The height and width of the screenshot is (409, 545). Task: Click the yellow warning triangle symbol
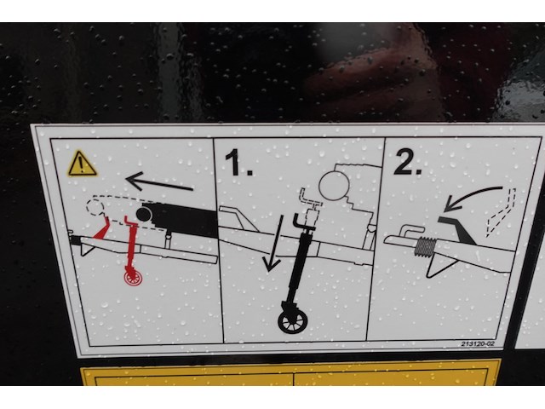pos(82,164)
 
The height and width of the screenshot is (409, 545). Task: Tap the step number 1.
pos(238,162)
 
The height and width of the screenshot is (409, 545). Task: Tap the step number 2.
pos(407,161)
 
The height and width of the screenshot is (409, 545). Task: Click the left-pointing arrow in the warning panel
pos(159,181)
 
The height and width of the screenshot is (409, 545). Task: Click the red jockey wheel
pos(133,278)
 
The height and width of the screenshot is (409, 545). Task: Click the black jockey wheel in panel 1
pos(293,320)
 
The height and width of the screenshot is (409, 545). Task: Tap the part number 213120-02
pos(478,344)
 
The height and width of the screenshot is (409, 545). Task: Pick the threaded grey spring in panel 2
pos(424,246)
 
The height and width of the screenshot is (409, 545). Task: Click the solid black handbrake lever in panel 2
pos(456,229)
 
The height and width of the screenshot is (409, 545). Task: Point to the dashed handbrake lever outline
pos(501,213)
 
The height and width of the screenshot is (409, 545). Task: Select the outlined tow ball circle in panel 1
pos(334,186)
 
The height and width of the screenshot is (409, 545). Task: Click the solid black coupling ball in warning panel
pos(144,214)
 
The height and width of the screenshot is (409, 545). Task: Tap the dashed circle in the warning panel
pos(95,207)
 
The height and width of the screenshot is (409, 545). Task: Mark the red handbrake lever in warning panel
pos(101,228)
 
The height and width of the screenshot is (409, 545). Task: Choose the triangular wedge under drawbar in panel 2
pos(439,265)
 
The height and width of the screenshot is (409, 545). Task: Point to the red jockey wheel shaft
pos(131,244)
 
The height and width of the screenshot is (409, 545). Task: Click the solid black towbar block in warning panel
pos(184,220)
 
